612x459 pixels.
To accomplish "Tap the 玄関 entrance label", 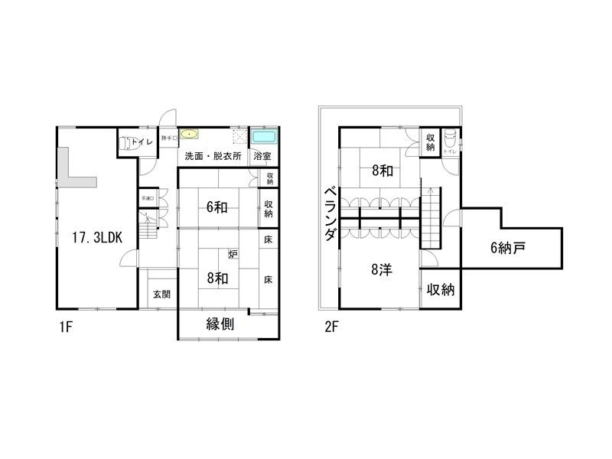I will (161, 294).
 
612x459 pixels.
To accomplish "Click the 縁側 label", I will (220, 324).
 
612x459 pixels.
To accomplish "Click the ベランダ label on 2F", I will (329, 213).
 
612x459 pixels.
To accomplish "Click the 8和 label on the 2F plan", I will (382, 171).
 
